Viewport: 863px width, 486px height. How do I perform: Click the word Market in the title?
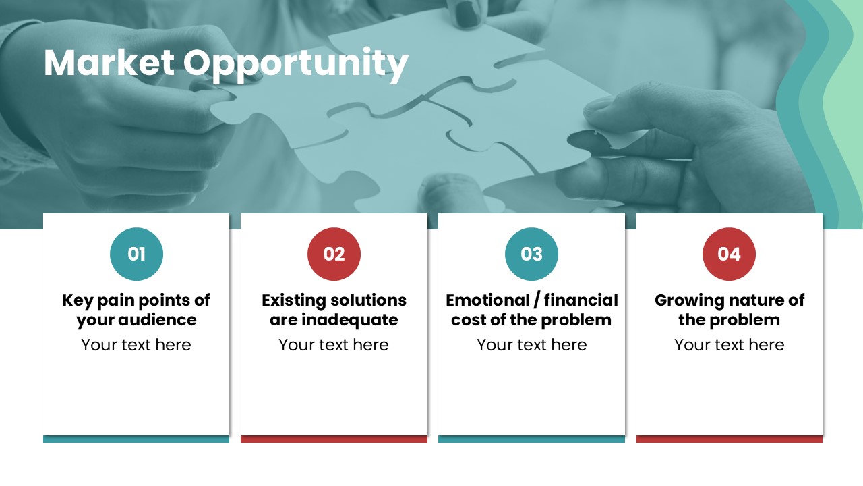(109, 63)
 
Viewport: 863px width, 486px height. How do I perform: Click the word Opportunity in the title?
(295, 65)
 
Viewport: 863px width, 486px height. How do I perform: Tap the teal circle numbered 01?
(136, 254)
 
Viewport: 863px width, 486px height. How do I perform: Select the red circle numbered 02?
(334, 254)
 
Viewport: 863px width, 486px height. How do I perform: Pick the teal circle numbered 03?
(532, 254)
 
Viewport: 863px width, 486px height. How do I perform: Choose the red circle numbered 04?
(729, 254)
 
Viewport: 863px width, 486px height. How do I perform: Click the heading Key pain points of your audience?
(136, 310)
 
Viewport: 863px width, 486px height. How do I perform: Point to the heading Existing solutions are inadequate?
(334, 310)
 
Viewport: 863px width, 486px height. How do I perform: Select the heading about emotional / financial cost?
(532, 310)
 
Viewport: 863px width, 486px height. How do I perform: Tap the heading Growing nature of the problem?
(730, 310)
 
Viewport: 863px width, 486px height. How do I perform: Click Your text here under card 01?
(136, 345)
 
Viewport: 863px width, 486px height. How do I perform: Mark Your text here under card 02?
(334, 345)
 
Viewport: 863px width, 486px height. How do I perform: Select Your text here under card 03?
(532, 345)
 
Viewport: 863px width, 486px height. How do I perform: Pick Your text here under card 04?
(730, 345)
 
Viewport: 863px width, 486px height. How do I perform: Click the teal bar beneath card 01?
(136, 439)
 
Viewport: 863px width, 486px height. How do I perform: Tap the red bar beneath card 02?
(334, 439)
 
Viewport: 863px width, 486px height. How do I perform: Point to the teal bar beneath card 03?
(532, 439)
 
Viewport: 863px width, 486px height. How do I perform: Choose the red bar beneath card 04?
(730, 439)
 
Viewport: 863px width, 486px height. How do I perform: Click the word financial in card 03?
(581, 300)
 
